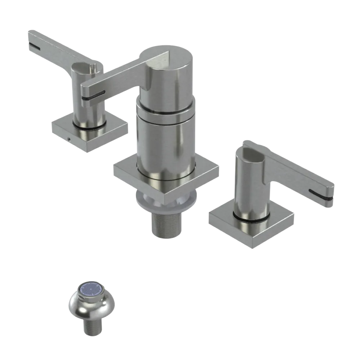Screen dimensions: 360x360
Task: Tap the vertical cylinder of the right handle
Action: (248, 187)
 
